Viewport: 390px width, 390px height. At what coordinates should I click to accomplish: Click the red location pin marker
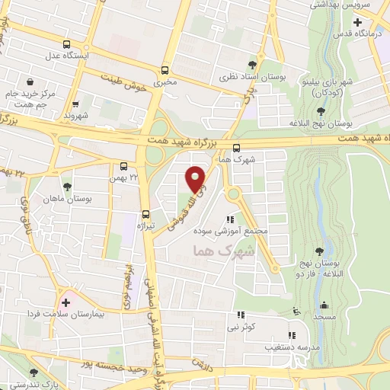click(x=197, y=178)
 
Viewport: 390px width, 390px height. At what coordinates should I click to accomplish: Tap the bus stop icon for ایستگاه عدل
click(x=68, y=45)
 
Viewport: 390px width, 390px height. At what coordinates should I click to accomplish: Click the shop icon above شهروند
click(x=75, y=106)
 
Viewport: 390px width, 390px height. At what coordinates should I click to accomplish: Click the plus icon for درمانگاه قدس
click(x=358, y=22)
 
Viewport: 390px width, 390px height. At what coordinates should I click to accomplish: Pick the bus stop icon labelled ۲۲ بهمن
click(x=124, y=166)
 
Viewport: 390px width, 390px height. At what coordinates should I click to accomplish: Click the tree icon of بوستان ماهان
click(x=67, y=186)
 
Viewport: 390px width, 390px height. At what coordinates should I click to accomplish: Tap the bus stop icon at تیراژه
click(x=145, y=215)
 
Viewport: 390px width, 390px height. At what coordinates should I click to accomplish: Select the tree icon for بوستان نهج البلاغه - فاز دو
click(x=319, y=251)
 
